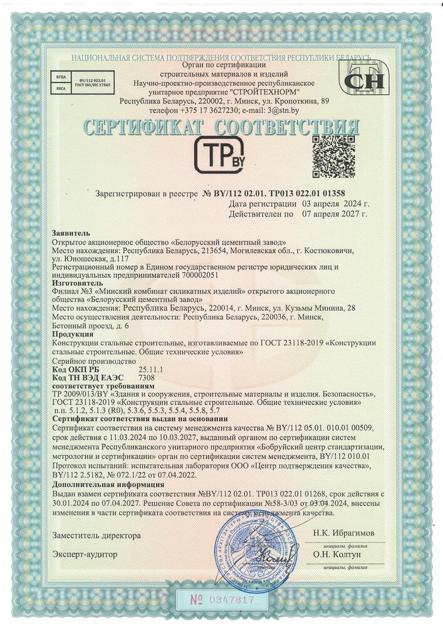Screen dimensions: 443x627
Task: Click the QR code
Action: tap(333, 156)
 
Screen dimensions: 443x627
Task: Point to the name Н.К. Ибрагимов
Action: tap(344, 532)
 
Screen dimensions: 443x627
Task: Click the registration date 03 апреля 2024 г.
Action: tap(335, 204)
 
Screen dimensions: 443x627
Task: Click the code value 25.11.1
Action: tap(151, 370)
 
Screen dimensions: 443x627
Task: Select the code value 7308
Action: tap(146, 377)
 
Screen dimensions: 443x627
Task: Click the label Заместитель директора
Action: tap(96, 536)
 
